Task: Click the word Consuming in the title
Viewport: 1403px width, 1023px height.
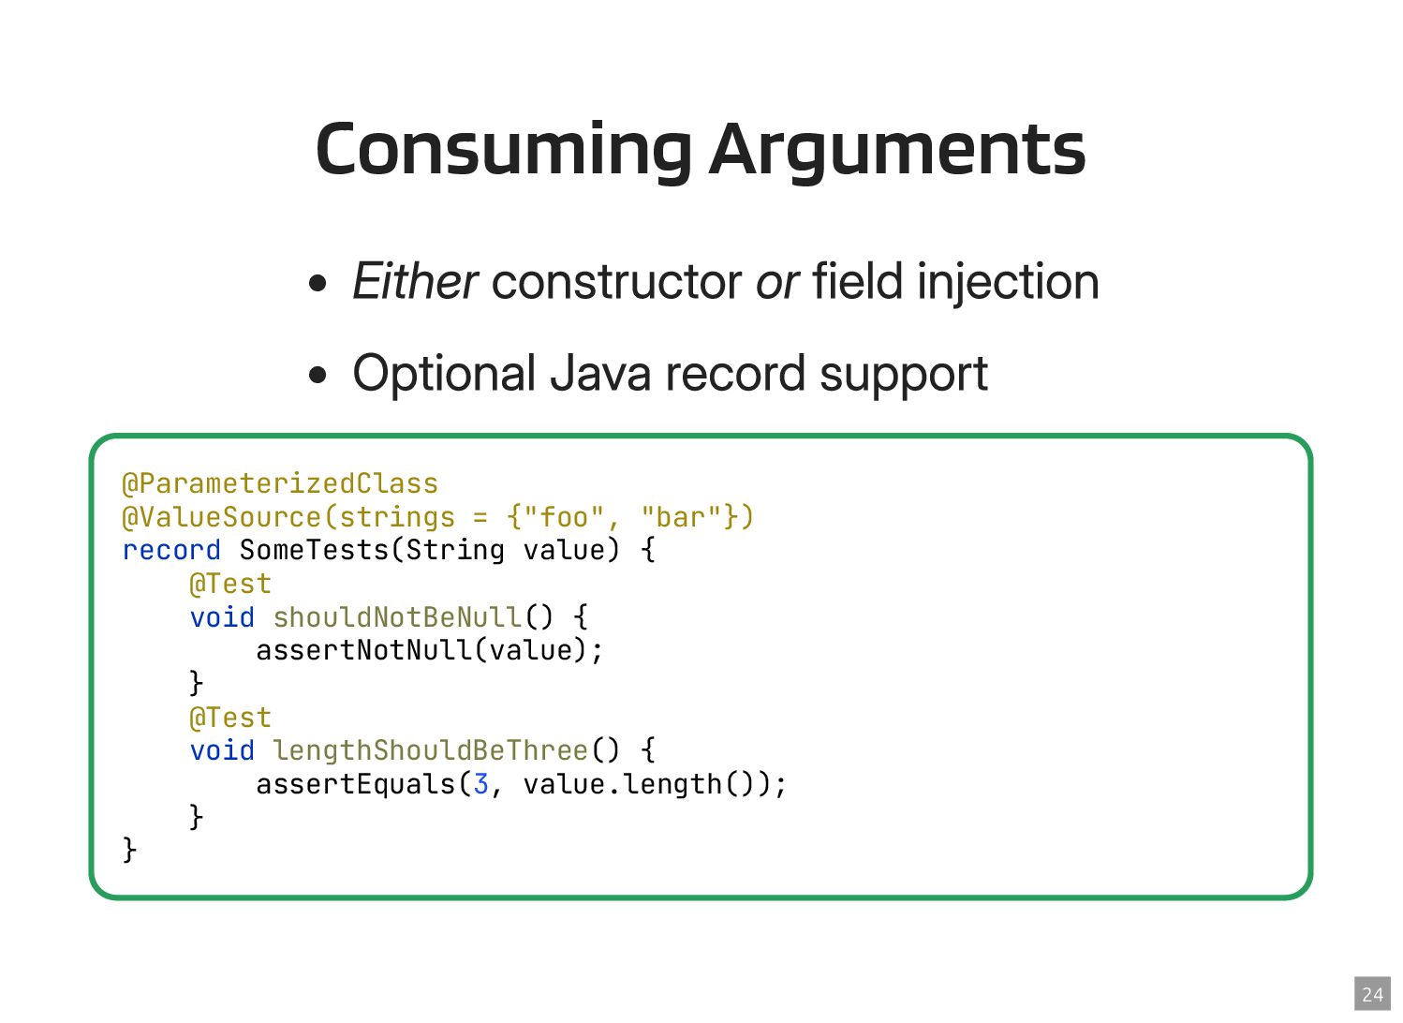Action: click(x=504, y=150)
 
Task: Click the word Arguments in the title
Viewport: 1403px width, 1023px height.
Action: click(x=897, y=150)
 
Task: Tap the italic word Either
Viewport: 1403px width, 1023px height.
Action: click(x=415, y=282)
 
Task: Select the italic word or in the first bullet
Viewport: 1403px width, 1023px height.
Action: click(x=776, y=282)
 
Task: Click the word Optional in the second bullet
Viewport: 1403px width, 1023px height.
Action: click(x=444, y=374)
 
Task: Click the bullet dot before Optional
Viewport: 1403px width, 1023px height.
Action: click(x=319, y=376)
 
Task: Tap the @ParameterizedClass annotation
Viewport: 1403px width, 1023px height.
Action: click(x=280, y=483)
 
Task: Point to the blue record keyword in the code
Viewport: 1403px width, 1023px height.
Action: click(x=171, y=550)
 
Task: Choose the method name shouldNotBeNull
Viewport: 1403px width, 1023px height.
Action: click(x=397, y=617)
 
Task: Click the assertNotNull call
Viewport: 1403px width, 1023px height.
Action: click(x=364, y=650)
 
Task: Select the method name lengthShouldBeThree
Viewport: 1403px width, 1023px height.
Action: click(x=430, y=750)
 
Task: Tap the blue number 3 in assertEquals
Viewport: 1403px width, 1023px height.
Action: click(x=480, y=784)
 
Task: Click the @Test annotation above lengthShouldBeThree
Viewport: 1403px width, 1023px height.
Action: click(x=230, y=718)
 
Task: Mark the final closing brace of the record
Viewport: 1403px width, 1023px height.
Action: click(x=129, y=850)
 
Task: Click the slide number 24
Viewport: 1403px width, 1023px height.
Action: click(x=1372, y=994)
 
